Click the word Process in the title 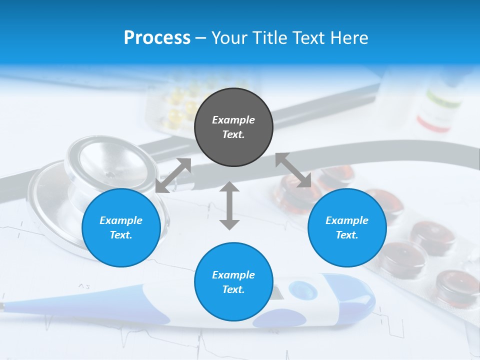[x=157, y=38]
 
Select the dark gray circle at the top [x=233, y=127]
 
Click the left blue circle [x=121, y=227]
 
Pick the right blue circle [x=347, y=227]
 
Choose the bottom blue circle [x=233, y=281]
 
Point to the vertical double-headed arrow [x=229, y=205]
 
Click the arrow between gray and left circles [x=173, y=175]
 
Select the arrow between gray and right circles [x=293, y=170]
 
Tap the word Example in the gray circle [x=233, y=120]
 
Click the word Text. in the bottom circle [x=233, y=289]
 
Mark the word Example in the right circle [x=347, y=220]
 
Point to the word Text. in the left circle [x=121, y=235]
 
